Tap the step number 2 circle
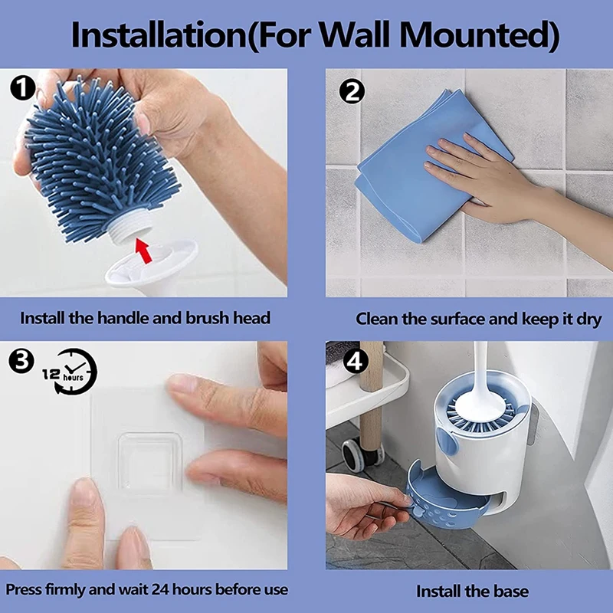[352, 91]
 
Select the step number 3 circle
[21, 360]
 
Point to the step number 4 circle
[355, 361]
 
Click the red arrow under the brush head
[143, 251]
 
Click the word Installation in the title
[159, 35]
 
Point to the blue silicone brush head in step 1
[98, 160]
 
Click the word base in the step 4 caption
[511, 591]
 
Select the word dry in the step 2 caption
[588, 320]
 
